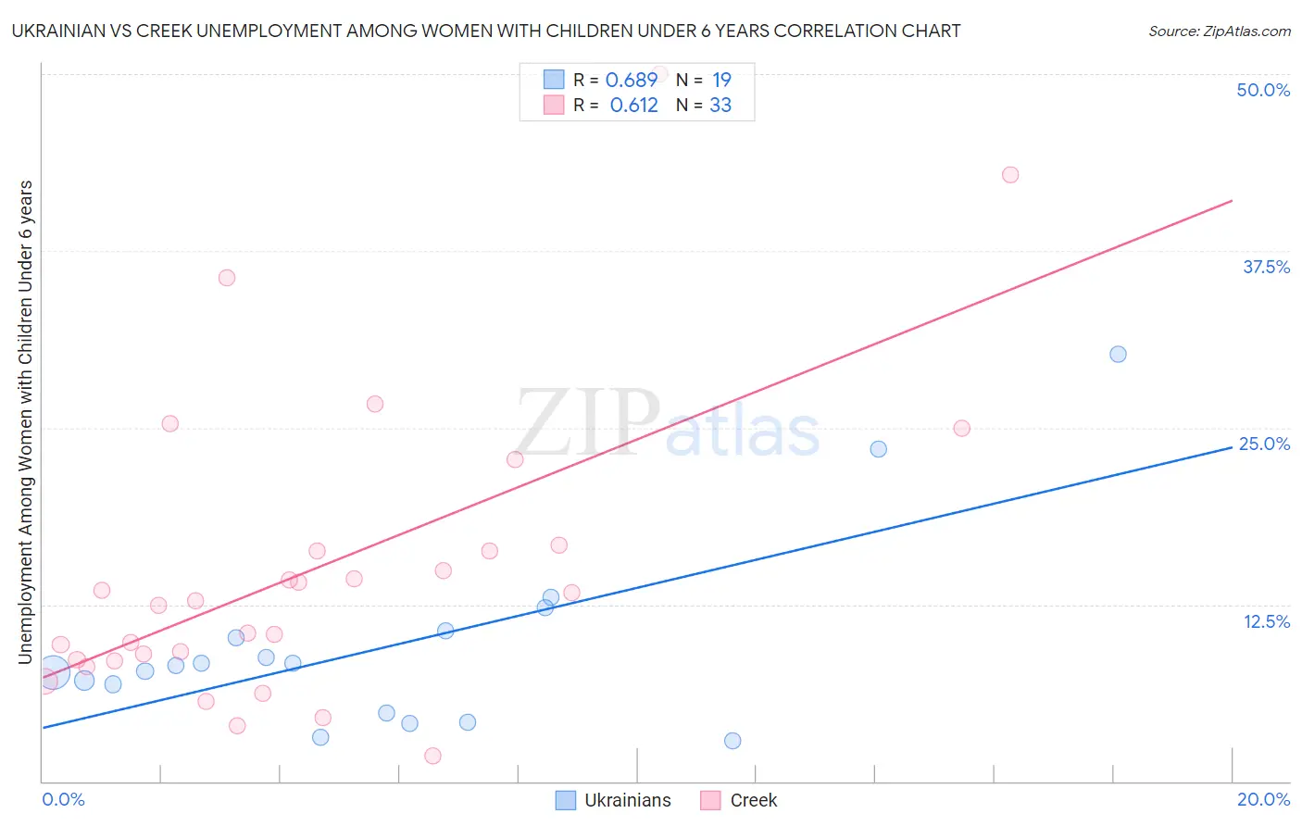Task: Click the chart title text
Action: [x=486, y=31]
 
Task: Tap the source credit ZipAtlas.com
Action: [x=1219, y=31]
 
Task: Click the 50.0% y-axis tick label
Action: [x=1263, y=90]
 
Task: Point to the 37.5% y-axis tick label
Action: [x=1266, y=267]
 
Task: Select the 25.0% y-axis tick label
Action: [x=1264, y=444]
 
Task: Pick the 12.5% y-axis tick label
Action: [x=1266, y=621]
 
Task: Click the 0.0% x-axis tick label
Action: [x=63, y=799]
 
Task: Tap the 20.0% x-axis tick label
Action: [x=1263, y=799]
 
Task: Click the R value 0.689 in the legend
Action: [x=631, y=81]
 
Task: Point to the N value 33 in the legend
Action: [x=720, y=106]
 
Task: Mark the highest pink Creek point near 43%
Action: [x=1010, y=175]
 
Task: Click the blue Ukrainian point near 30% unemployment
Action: [x=1118, y=354]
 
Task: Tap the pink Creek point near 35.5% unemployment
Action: [x=227, y=278]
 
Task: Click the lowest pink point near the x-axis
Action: [x=432, y=756]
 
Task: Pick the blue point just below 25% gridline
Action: [x=879, y=449]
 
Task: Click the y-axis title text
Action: [x=25, y=421]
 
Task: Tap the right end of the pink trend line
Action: [x=1232, y=200]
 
